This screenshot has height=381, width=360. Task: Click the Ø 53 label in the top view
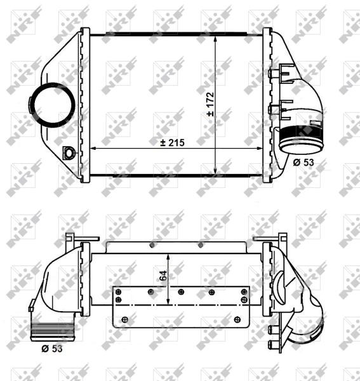(304, 163)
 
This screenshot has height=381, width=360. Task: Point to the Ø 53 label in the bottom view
(51, 349)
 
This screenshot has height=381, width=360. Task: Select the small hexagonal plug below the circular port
(69, 152)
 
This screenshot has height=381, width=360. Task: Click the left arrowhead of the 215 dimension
(95, 149)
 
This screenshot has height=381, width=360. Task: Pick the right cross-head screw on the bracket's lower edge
(237, 319)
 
